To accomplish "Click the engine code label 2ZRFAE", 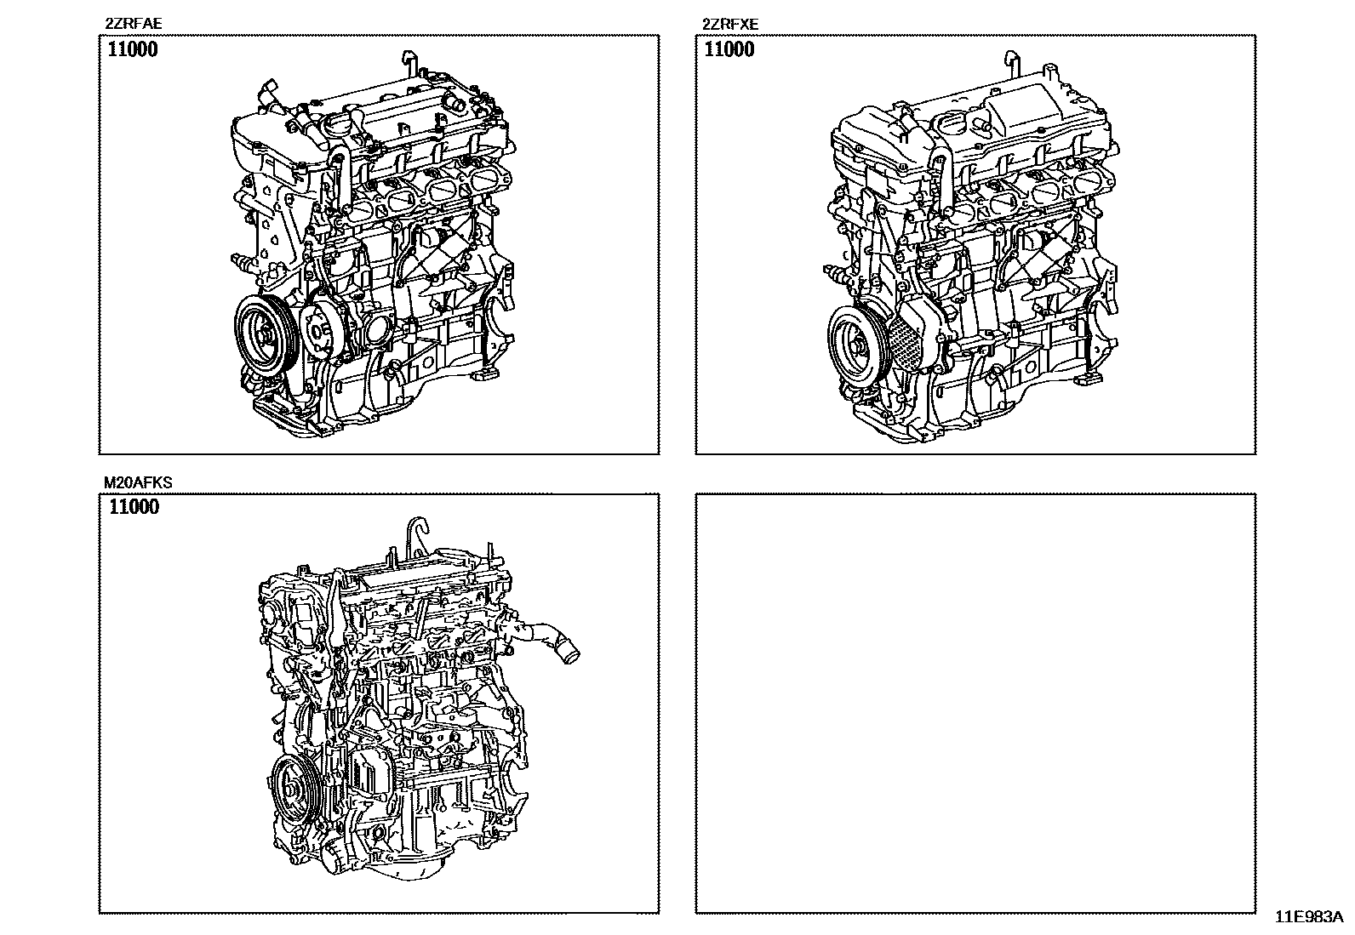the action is pos(134,24).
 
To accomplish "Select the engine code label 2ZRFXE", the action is pos(730,24).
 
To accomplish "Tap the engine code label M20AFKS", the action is pos(138,482).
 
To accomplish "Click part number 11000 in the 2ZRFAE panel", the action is pos(133,49).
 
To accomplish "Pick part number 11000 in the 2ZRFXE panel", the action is pos(729,49).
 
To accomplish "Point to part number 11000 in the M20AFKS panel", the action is pos(134,507).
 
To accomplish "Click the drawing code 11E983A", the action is pos(1309,917).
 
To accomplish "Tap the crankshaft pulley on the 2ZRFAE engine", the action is pos(265,335).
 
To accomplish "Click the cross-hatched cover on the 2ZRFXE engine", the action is pos(907,343).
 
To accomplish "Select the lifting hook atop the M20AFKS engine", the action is pos(417,535).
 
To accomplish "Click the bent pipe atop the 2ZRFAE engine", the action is pos(409,64).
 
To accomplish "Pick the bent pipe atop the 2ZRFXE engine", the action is pos(1011,64).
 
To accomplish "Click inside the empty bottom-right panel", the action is pos(975,703).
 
